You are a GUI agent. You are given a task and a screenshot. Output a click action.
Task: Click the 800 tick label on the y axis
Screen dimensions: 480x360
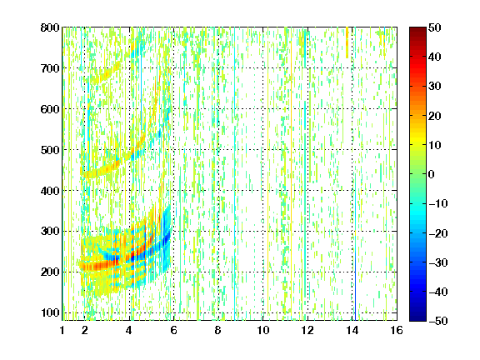50,27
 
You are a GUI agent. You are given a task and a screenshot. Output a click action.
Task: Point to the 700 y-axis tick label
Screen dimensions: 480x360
50,68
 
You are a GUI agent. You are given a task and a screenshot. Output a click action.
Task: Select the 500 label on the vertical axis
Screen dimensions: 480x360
50,150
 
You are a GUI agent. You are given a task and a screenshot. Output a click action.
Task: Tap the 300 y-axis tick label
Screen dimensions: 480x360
50,232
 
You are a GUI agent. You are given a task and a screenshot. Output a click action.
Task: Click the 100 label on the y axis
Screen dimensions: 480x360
50,312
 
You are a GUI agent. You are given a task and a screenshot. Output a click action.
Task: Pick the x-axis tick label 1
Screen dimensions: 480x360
62,330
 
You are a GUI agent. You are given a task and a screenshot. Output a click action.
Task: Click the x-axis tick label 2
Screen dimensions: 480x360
85,330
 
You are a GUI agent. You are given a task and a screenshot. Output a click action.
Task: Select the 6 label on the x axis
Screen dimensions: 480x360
174,330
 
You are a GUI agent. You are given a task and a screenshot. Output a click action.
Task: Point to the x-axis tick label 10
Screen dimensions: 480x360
263,330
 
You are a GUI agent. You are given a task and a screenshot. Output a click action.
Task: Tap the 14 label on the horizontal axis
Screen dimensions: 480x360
352,330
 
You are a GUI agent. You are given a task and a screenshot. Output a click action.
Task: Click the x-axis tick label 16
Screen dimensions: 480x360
397,330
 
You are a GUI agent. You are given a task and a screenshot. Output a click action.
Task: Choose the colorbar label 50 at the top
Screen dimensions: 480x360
434,27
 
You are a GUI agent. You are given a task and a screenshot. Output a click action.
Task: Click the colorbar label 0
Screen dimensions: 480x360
432,174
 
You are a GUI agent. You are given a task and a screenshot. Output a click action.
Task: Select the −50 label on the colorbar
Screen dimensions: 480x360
438,321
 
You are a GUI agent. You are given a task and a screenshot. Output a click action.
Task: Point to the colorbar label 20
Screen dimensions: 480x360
434,116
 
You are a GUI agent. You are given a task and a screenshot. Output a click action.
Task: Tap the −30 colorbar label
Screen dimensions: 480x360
438,262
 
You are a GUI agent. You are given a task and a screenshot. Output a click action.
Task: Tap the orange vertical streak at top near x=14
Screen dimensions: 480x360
347,42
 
